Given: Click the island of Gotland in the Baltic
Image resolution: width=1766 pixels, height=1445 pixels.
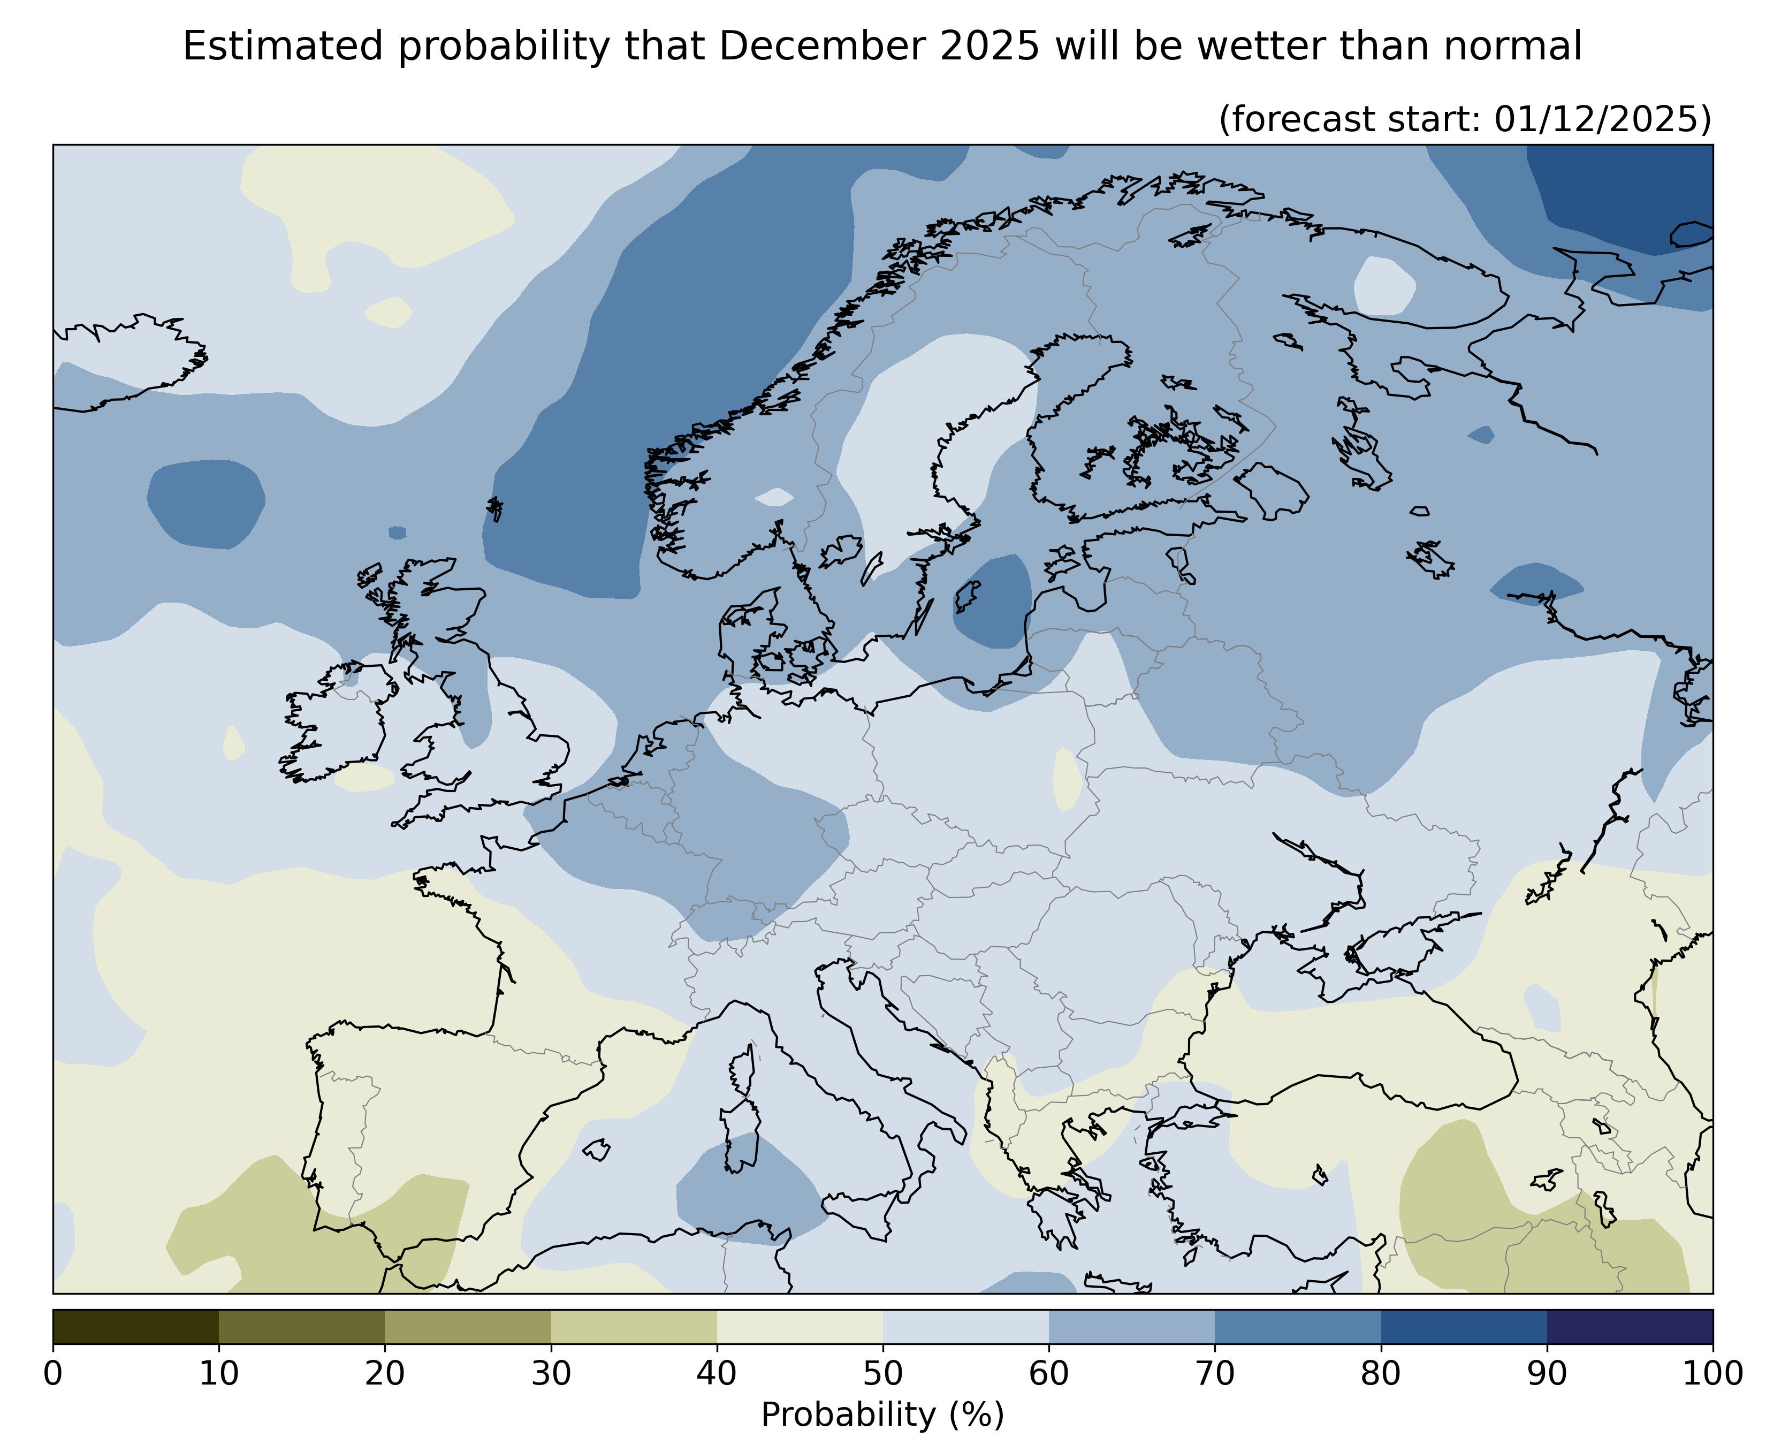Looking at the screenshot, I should coord(966,596).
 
